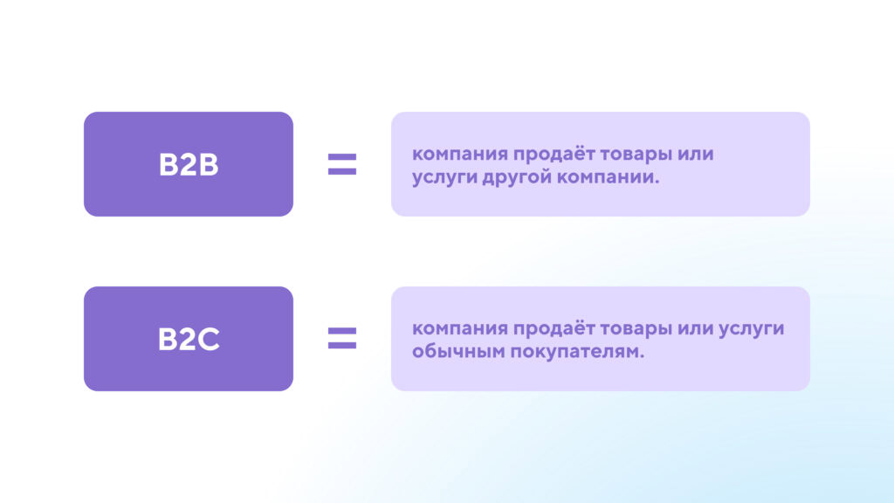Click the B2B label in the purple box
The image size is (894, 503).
tap(189, 165)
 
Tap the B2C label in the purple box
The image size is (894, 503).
tap(189, 340)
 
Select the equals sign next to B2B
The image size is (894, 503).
tap(342, 164)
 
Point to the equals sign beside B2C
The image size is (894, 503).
tap(342, 339)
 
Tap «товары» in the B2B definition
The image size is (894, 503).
tap(634, 155)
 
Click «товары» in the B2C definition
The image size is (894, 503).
tap(634, 329)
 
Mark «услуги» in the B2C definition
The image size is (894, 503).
tap(753, 329)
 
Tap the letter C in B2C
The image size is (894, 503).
tap(208, 340)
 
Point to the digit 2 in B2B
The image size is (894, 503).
tap(189, 165)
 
